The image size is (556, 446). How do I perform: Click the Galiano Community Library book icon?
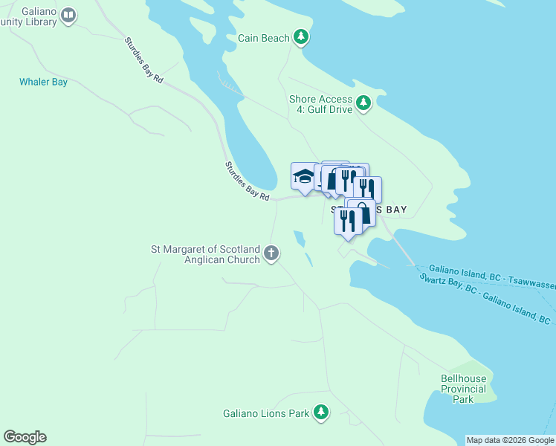pos(68,15)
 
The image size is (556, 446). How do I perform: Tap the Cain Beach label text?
pos(264,38)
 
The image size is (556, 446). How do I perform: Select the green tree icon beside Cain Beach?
pos(300,36)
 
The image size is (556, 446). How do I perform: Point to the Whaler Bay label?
pos(43,82)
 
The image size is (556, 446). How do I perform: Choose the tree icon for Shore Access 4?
pos(363,103)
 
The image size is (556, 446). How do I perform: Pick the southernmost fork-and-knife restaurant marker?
pos(346,222)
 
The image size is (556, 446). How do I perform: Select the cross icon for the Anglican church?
pos(271,253)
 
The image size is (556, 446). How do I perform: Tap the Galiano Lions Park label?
pos(266,413)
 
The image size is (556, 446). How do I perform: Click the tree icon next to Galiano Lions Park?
pos(320,412)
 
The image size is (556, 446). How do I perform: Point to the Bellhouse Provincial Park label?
pos(463,389)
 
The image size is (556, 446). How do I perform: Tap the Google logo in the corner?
pos(25,437)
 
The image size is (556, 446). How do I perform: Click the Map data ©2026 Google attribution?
pos(509,440)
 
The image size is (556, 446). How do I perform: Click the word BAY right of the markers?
pos(394,210)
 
